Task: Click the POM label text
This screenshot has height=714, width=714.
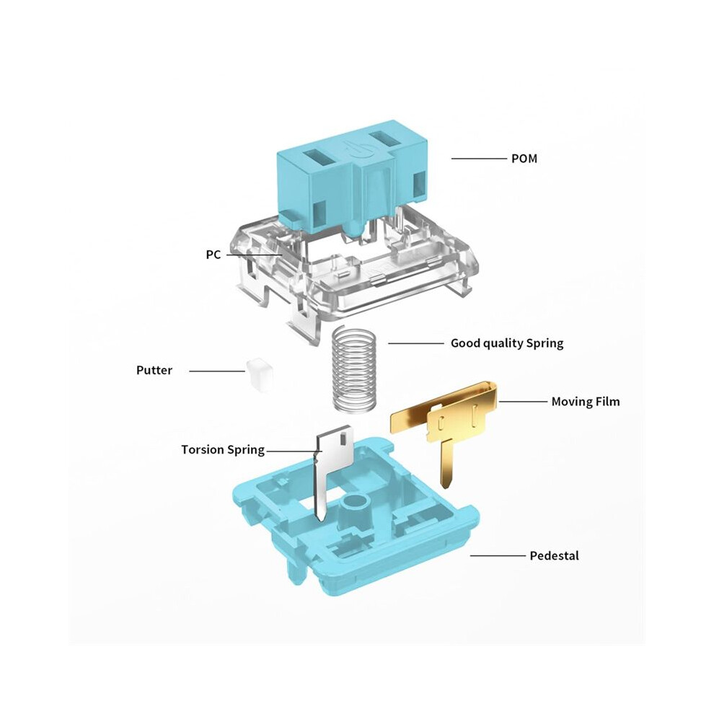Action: pos(524,159)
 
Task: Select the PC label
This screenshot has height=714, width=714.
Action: pos(213,255)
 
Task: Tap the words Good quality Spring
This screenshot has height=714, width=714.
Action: pos(507,343)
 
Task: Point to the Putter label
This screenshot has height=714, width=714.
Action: pos(154,370)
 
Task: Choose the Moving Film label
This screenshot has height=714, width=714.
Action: pos(586,402)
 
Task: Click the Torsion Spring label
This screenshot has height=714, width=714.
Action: pos(223,450)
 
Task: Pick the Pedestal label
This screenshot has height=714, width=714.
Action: pos(554,555)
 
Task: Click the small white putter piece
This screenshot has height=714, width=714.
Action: pos(260,375)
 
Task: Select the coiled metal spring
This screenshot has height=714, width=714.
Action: pos(355,369)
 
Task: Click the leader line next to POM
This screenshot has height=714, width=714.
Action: pos(479,159)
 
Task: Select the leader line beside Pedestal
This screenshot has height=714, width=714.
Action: pos(498,555)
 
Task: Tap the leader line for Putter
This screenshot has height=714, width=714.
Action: pos(217,371)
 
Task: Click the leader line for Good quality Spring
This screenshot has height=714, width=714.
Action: pos(416,343)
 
